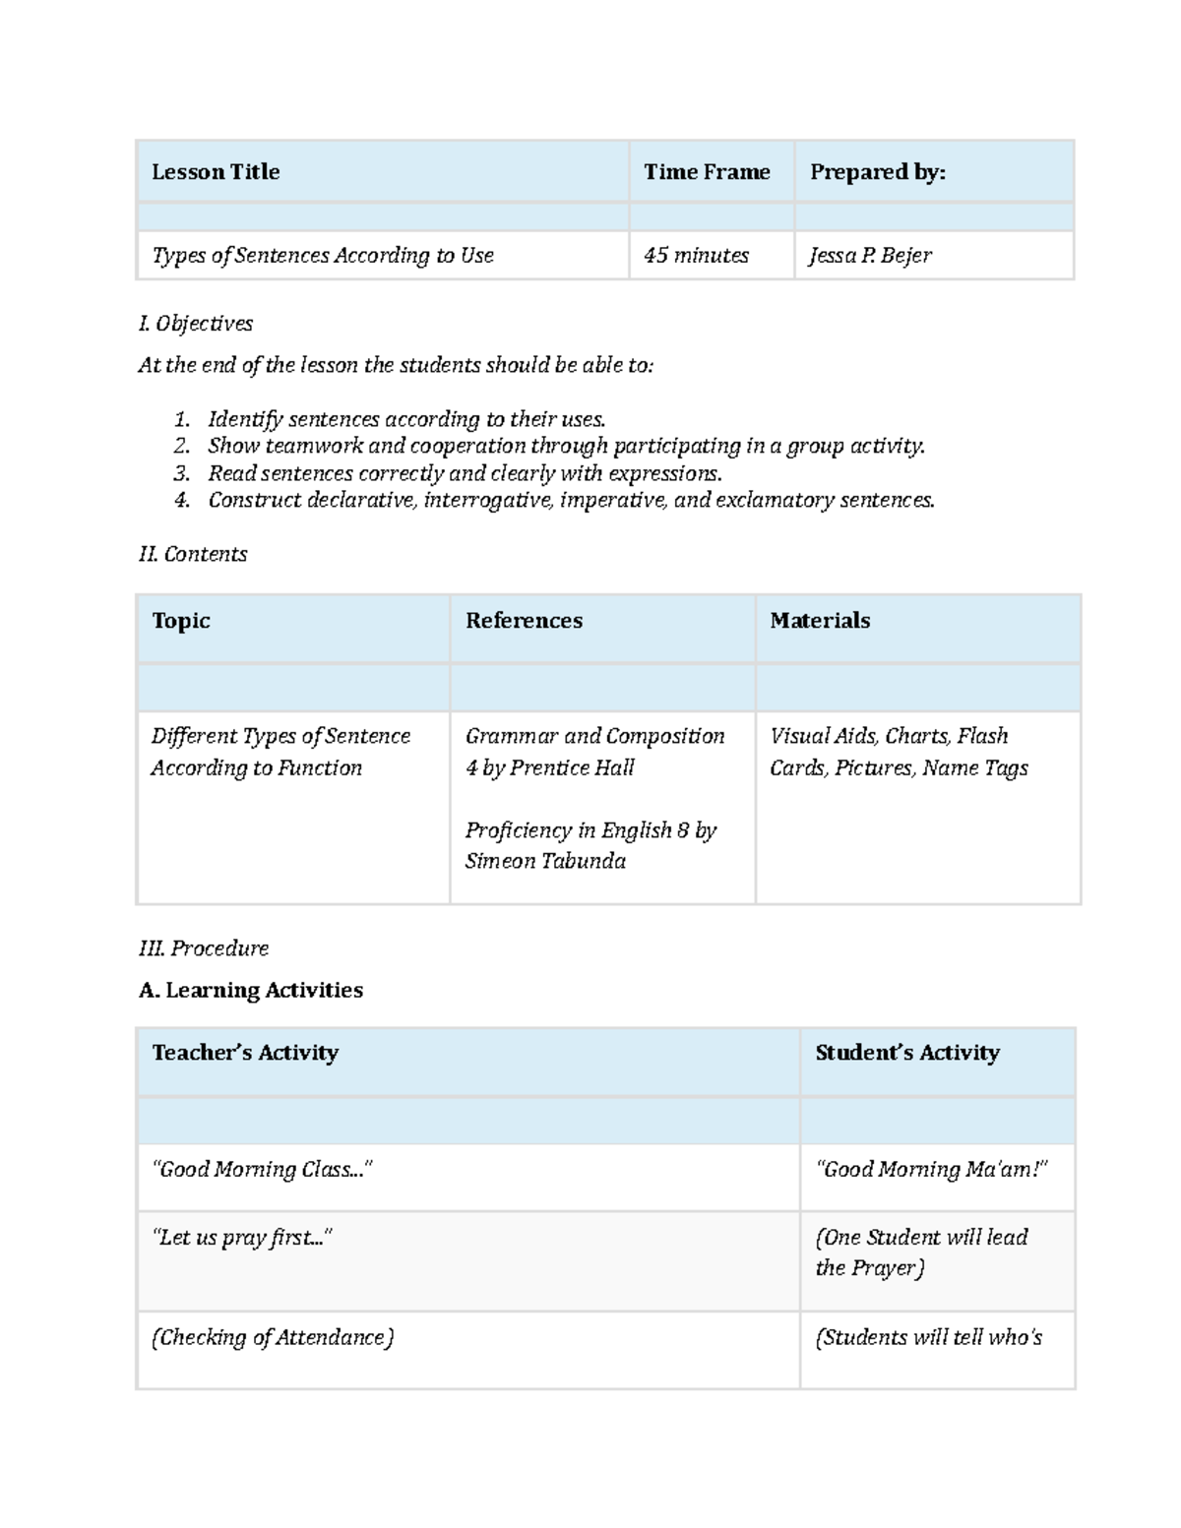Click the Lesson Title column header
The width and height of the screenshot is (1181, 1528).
pos(216,172)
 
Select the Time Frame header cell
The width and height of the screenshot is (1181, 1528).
pos(707,172)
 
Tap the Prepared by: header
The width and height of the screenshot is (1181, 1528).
pos(877,172)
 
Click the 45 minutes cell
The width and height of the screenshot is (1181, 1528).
pos(696,256)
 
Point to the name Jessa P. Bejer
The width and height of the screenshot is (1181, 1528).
pos(870,256)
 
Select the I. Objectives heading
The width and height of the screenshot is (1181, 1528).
pos(196,324)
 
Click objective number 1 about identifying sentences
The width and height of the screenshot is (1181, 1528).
pos(405,420)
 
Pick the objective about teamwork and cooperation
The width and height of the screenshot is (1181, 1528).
pos(566,447)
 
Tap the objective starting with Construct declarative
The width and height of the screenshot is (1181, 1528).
pos(571,501)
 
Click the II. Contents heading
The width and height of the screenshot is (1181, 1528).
pos(193,555)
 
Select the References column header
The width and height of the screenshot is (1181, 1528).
pos(524,621)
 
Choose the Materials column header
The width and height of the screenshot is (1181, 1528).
pos(820,621)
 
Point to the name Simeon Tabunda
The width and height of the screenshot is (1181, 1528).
pos(545,862)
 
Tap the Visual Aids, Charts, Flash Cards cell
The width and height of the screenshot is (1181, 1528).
pos(898,752)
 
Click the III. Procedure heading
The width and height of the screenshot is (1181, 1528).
pos(204,948)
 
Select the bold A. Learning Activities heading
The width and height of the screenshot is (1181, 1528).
pos(251,991)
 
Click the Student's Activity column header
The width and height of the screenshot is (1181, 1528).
pos(906,1053)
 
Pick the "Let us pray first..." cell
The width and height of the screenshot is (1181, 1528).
pos(242,1238)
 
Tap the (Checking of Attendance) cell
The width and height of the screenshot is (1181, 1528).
pos(273,1338)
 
